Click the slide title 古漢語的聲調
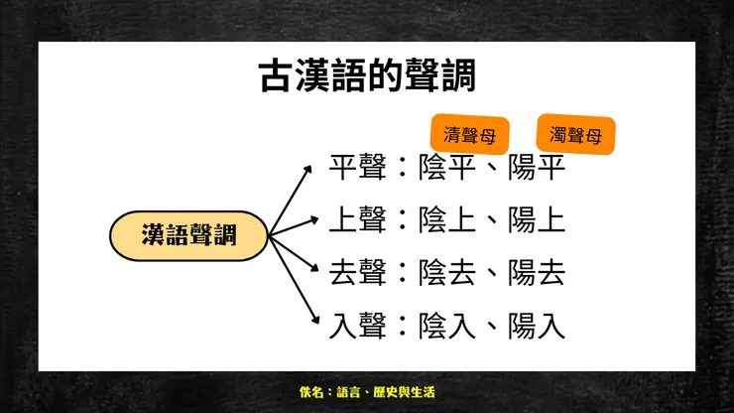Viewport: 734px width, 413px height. click(x=366, y=75)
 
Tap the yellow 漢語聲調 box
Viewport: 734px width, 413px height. click(x=187, y=235)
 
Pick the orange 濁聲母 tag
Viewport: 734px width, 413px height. click(x=575, y=136)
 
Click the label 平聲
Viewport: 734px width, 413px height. click(x=358, y=167)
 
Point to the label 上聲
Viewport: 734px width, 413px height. click(x=358, y=219)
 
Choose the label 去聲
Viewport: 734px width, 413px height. click(x=358, y=272)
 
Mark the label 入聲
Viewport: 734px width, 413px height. click(x=358, y=325)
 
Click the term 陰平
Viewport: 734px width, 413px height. click(x=447, y=167)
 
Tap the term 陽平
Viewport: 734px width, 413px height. click(x=537, y=167)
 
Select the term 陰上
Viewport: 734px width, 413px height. click(x=447, y=219)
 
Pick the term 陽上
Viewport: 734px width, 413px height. click(x=537, y=219)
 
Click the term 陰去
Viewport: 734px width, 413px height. click(x=447, y=272)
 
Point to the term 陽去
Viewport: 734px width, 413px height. click(x=537, y=272)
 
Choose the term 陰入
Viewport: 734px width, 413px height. click(x=447, y=325)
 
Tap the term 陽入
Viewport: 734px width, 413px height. click(x=537, y=325)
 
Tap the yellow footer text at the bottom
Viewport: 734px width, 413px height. click(x=366, y=393)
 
